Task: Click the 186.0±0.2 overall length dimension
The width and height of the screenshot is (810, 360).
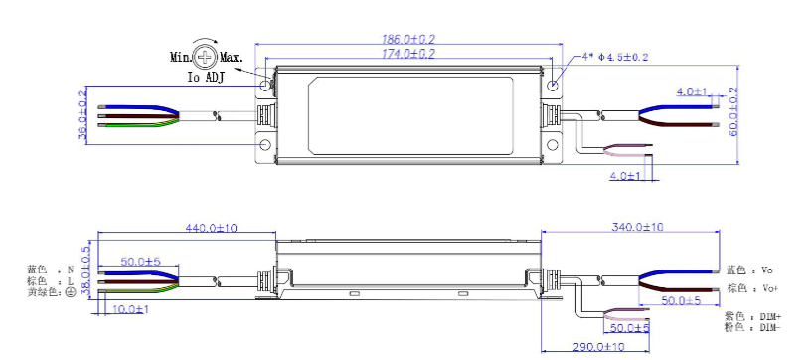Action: coord(408,39)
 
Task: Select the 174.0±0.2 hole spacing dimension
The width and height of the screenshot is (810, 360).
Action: coord(408,54)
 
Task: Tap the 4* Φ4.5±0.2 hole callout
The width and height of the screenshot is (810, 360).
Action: coord(615,57)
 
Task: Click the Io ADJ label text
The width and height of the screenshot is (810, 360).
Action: coord(206,78)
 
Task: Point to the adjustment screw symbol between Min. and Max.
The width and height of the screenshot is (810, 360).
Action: coord(206,57)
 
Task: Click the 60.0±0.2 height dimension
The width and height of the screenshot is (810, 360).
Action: coord(733,111)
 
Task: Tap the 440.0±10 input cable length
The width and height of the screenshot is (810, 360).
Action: coord(212,227)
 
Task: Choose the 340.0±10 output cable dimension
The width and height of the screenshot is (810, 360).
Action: coord(637,227)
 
